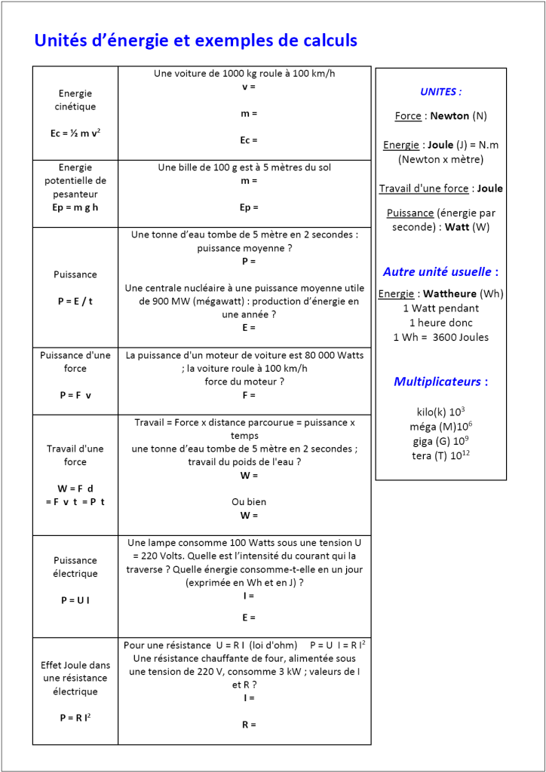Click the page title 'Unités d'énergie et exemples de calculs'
pos(195,41)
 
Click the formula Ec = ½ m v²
pos(75,133)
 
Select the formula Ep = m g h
pos(75,207)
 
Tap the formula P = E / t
pos(75,301)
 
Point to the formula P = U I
pos(75,600)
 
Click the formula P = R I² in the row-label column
pos(75,718)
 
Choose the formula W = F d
pos(75,489)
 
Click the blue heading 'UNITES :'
pos(440,92)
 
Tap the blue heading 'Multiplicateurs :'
pos(440,381)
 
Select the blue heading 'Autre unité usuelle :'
pos(440,271)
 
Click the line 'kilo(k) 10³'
pos(440,412)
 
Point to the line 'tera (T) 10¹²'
pos(440,456)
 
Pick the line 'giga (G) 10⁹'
pos(440,441)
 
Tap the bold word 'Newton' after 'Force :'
pos(449,116)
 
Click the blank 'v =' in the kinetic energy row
pos(244,87)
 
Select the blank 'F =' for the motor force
pos(244,394)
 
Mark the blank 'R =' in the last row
pos(244,725)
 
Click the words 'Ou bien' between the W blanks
pos(244,501)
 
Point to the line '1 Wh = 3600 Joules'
pos(440,337)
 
